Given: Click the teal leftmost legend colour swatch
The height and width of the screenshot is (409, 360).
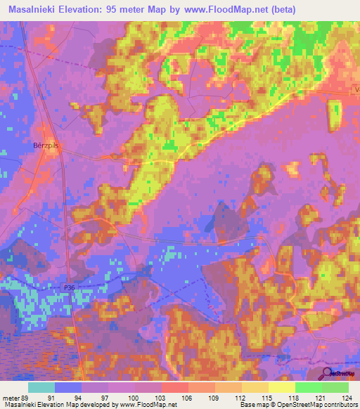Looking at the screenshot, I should coord(41,387).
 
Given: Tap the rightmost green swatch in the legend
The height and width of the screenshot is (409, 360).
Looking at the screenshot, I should coord(335,387).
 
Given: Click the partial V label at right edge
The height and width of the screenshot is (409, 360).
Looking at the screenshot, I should coord(356,89).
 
